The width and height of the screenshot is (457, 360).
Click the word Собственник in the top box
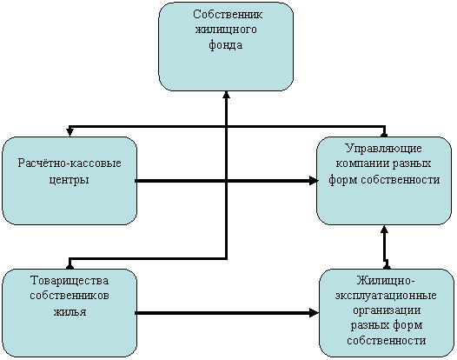click(228, 14)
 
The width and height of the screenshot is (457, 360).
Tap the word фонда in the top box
click(226, 45)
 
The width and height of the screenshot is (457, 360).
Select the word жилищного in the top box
click(226, 30)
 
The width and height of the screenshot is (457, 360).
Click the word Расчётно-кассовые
click(70, 163)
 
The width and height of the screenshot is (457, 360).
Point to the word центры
click(69, 180)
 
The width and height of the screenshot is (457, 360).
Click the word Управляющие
click(384, 149)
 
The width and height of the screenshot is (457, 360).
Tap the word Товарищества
click(70, 281)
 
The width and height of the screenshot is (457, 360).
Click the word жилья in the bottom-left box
click(70, 311)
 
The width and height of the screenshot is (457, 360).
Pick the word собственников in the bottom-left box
click(70, 296)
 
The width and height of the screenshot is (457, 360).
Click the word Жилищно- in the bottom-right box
click(386, 281)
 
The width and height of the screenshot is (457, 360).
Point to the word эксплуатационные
click(386, 296)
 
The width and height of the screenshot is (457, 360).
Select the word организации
click(387, 310)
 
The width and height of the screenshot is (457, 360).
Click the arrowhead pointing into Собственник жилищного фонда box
click(227, 95)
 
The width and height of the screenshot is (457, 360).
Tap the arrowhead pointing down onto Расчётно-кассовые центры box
click(70, 132)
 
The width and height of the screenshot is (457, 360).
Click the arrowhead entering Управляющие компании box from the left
click(314, 181)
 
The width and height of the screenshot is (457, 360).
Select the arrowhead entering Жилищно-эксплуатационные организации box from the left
click(315, 313)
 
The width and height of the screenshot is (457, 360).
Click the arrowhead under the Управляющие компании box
click(384, 229)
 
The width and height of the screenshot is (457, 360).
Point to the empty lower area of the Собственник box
click(226, 71)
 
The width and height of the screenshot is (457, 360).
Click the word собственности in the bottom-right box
click(387, 340)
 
